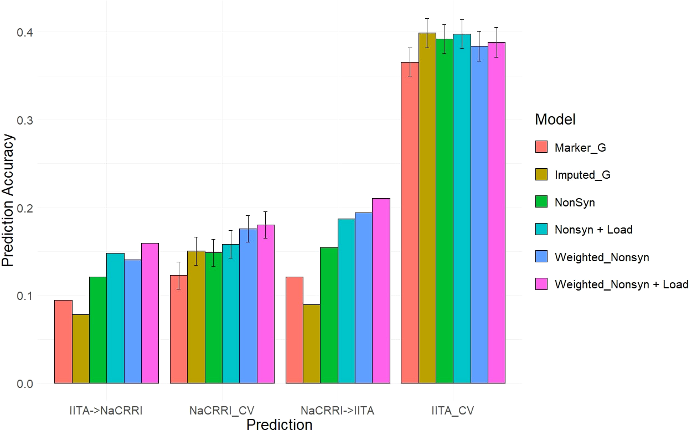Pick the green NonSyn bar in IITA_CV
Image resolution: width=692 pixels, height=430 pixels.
[444, 211]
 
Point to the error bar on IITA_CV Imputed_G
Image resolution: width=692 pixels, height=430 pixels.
[427, 33]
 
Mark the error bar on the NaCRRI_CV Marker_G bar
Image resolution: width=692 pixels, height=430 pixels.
[178, 275]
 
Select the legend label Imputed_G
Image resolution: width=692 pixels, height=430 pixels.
[582, 175]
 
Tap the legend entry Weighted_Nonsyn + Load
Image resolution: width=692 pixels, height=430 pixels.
[621, 284]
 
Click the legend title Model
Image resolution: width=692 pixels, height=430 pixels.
[555, 119]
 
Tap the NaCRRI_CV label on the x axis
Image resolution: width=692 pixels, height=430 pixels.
[221, 411]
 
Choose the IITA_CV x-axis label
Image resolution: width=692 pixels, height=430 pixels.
[453, 411]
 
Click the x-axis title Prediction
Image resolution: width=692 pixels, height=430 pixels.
[279, 424]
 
